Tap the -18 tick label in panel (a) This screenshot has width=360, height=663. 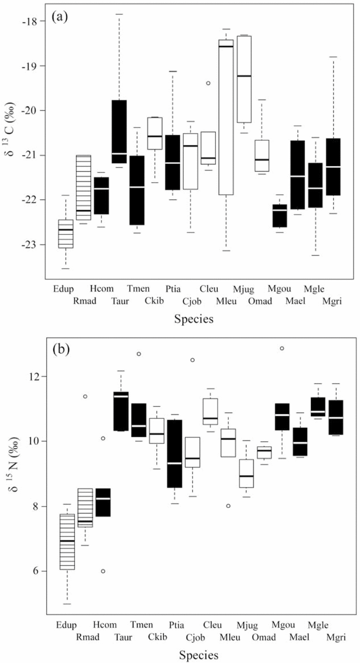(36, 21)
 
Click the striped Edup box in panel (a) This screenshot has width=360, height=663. (66, 233)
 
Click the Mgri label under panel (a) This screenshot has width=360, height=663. (333, 301)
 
